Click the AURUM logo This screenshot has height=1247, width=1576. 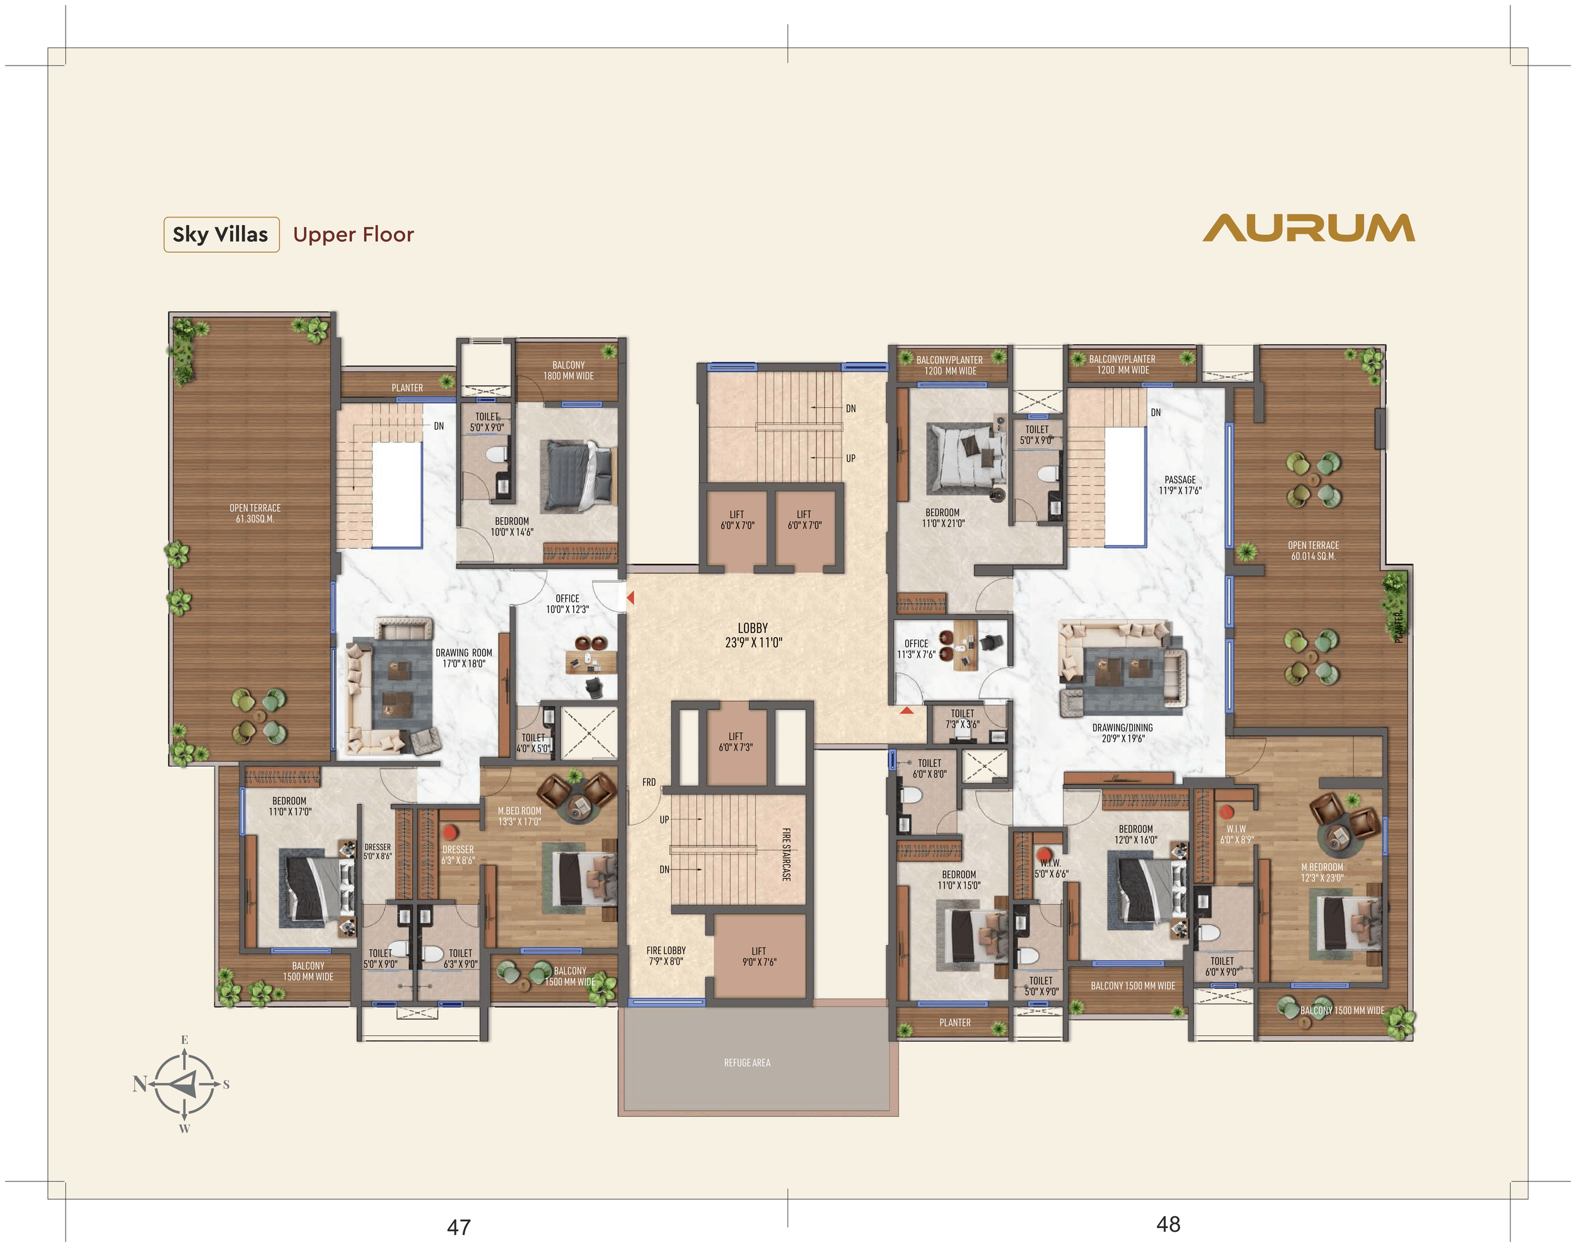tap(1309, 228)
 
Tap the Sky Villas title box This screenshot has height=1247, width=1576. tap(221, 234)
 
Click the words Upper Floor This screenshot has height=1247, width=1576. tap(354, 234)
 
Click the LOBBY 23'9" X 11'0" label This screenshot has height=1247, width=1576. tap(753, 635)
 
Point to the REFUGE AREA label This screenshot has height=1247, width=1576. tap(747, 1062)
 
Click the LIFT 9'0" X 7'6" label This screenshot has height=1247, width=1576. tap(759, 957)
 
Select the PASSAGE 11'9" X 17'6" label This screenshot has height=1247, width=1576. tap(1180, 485)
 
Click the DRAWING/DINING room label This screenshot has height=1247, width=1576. tap(1123, 733)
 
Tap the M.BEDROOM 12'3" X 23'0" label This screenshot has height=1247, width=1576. tap(1322, 873)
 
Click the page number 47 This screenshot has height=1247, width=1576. tap(459, 1227)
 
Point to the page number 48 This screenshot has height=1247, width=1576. tap(1169, 1224)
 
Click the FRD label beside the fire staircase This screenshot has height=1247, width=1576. tap(649, 782)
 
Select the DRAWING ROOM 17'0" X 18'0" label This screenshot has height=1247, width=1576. tap(464, 658)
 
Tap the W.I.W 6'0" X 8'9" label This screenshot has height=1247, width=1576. tap(1236, 834)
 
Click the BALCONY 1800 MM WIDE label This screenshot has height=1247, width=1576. tap(568, 370)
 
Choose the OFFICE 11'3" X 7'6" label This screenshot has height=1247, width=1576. tap(916, 649)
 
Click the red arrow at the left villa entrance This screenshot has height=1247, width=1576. tap(630, 598)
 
